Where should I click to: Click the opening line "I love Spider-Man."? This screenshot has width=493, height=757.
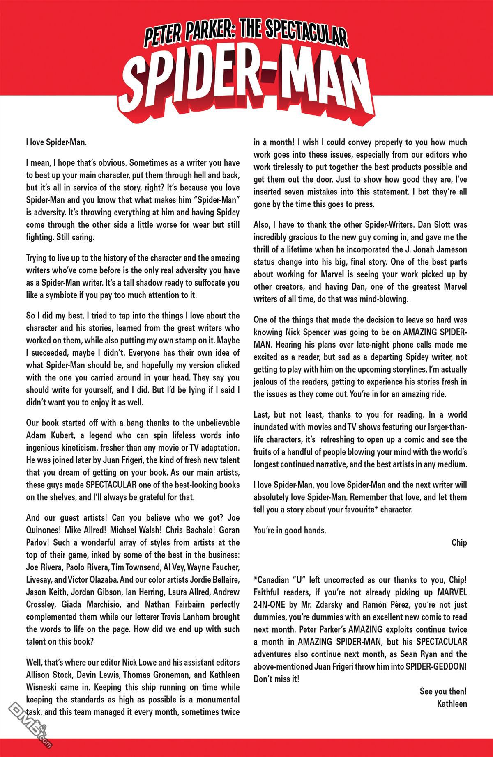point(56,143)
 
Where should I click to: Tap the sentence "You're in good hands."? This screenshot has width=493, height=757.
point(290,530)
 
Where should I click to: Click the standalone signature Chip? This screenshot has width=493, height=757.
point(459,542)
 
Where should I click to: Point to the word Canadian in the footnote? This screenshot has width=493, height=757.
point(276,580)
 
